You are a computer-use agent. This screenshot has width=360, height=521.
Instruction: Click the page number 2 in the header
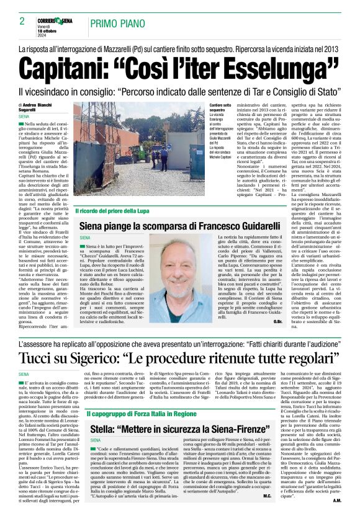tap(21, 21)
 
